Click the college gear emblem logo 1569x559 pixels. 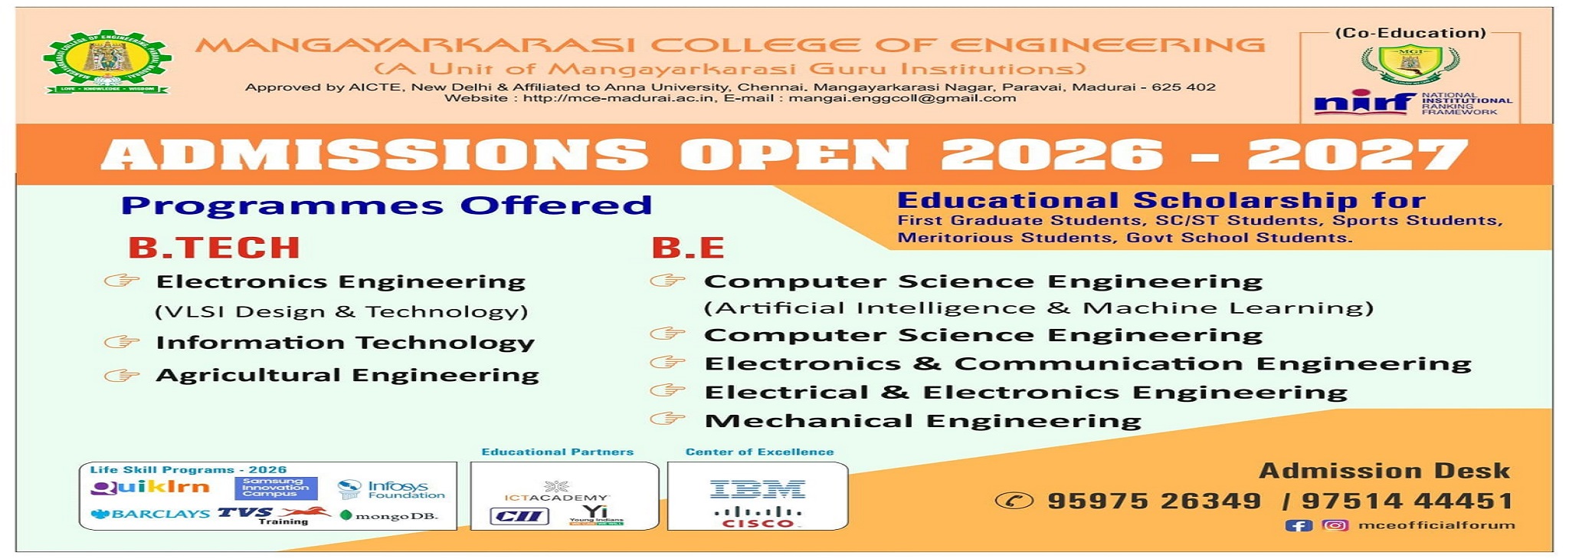(106, 63)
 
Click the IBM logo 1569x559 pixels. (757, 488)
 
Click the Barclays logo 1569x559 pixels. (149, 514)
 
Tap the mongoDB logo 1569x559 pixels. (388, 516)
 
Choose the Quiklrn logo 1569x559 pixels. (149, 487)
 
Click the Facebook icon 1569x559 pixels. (1299, 525)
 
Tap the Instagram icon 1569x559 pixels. (1335, 525)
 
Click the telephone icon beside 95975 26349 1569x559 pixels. (1014, 501)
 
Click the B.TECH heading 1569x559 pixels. (214, 248)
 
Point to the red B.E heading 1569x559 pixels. (688, 248)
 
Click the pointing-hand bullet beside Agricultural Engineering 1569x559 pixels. (122, 375)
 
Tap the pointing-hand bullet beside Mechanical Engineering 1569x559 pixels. (667, 419)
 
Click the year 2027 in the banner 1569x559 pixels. (1358, 155)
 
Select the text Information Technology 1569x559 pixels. (345, 343)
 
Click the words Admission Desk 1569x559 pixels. (1384, 470)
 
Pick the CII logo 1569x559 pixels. (519, 516)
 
